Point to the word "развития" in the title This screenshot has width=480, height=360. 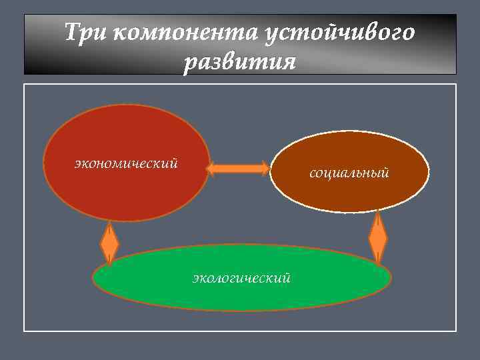click(239, 62)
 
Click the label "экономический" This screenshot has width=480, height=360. click(126, 163)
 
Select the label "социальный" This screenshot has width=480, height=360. click(349, 173)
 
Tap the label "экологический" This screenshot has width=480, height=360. click(241, 277)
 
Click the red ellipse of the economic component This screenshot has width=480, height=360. click(126, 193)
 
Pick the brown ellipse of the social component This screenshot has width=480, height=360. click(349, 193)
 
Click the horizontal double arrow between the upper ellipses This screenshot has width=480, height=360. click(237, 169)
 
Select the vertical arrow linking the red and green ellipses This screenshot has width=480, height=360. click(109, 243)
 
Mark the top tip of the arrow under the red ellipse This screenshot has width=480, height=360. click(109, 223)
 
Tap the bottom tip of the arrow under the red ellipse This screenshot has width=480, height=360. click(109, 263)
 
